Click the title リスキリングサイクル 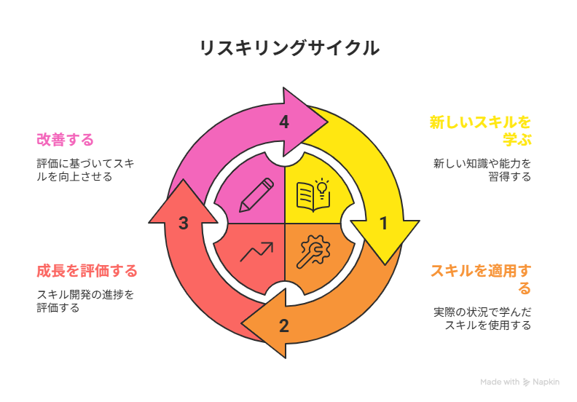[288, 48]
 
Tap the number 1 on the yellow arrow [383, 224]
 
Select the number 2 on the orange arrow [283, 326]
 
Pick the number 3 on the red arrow [184, 224]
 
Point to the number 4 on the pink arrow [283, 122]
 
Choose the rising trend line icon [256, 252]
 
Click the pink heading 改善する [66, 139]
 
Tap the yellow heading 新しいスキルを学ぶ [480, 130]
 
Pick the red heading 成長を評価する [87, 271]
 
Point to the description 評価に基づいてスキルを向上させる [85, 170]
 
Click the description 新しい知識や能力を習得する [482, 170]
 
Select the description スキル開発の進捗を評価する [85, 301]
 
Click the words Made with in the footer [500, 382]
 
